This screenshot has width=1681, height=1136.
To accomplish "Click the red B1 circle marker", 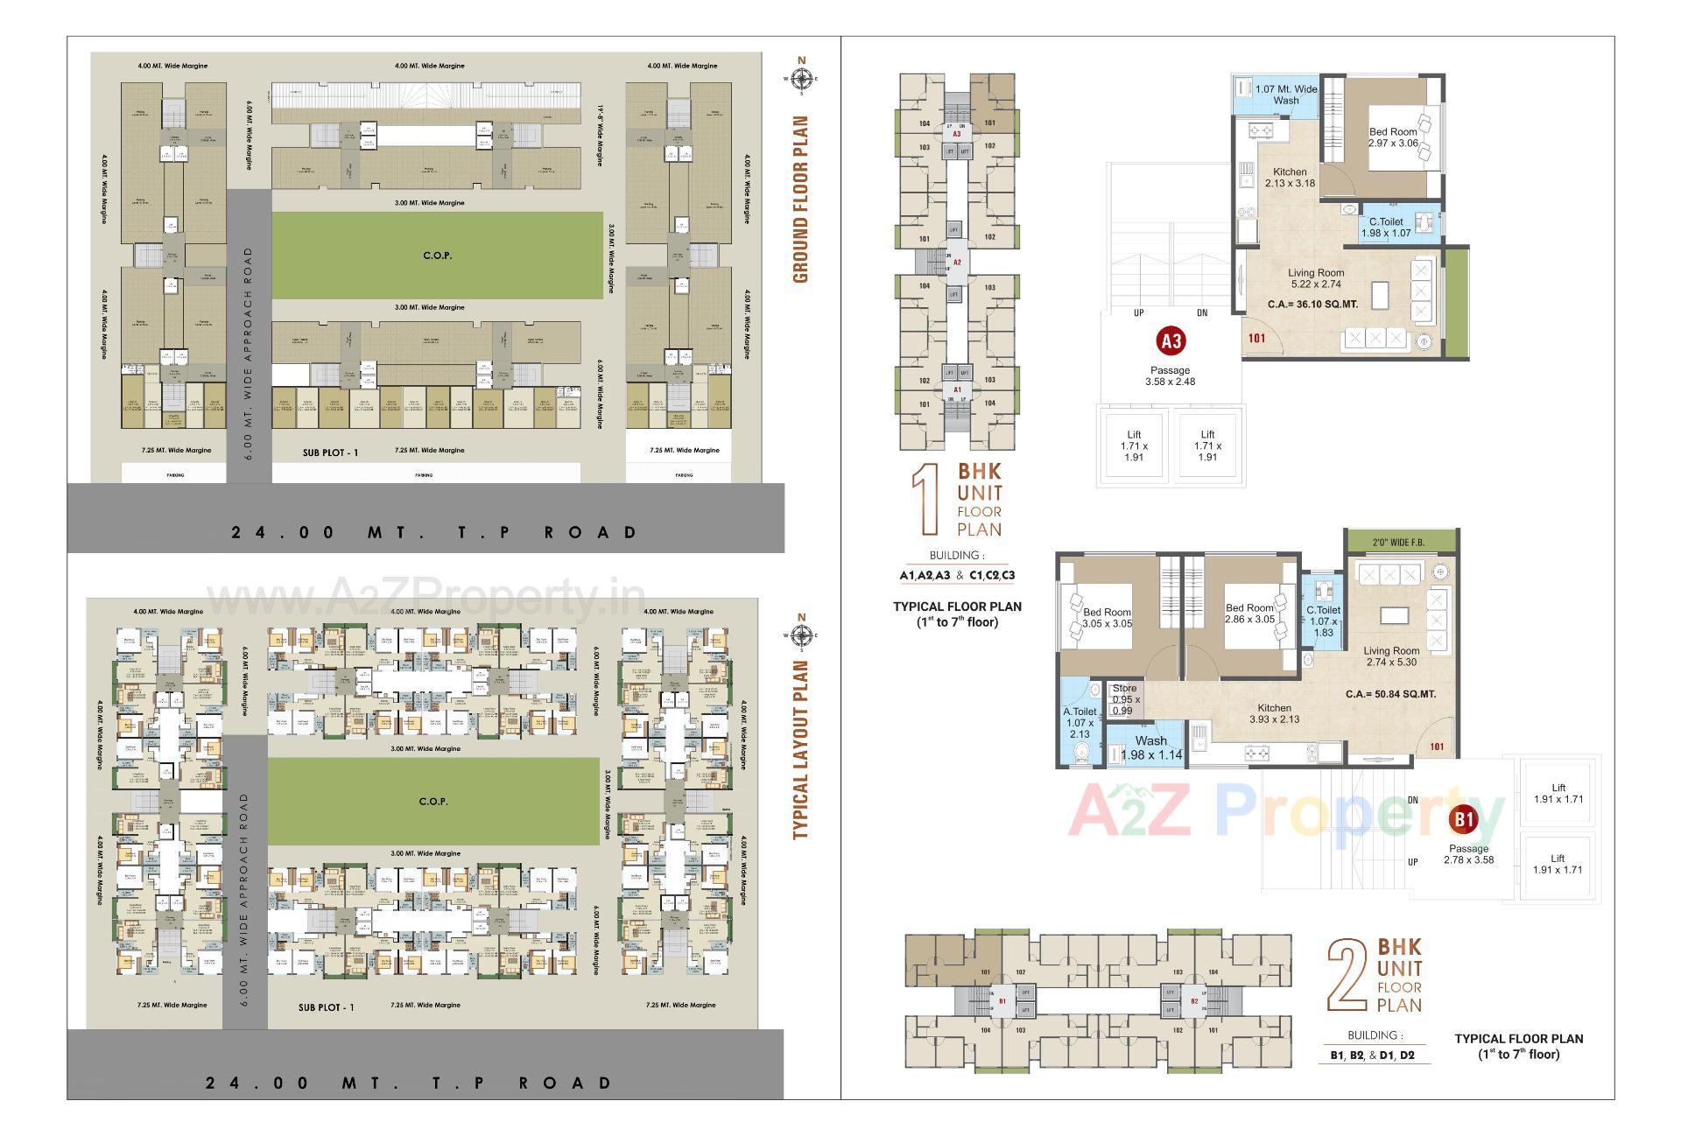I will pos(1464,820).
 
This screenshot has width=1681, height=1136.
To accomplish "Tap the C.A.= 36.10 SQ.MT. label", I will pos(1314,305).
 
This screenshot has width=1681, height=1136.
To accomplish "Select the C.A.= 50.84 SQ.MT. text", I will pos(1390,694).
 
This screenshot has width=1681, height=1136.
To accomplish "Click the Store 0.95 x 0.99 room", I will pos(1125,699).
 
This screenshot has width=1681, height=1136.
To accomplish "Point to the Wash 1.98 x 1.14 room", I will pos(1150,747).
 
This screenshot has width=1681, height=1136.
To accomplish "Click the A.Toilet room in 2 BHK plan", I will pos(1080,722).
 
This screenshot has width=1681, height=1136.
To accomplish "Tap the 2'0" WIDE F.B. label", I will pos(1398,543).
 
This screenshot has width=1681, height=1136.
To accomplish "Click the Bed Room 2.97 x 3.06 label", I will pos(1393,137).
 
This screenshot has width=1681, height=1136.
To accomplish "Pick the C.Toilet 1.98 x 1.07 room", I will pos(1386,228).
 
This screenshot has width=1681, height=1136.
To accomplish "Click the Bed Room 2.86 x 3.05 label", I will pos(1249,613).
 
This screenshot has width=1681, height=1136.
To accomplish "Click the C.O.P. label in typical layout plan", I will pos(433,801).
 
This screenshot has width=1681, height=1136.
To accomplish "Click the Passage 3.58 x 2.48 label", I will pos(1170,375).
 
